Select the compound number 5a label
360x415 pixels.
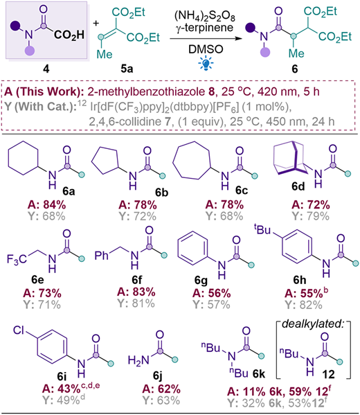click(x=127, y=69)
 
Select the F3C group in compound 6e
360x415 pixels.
click(x=17, y=259)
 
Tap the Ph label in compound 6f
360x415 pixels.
click(x=102, y=256)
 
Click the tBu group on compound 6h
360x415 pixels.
click(x=262, y=229)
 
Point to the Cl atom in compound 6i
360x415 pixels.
click(x=19, y=330)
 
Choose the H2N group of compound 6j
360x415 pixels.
click(x=138, y=360)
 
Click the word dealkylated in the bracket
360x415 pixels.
click(x=313, y=324)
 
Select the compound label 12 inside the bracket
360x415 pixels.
click(x=329, y=374)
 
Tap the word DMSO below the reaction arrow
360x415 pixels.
click(x=206, y=49)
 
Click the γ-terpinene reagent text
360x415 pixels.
click(x=205, y=28)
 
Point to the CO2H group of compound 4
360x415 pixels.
click(x=69, y=35)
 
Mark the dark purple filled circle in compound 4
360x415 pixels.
click(x=15, y=26)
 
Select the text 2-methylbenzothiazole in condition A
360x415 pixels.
click(x=146, y=92)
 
